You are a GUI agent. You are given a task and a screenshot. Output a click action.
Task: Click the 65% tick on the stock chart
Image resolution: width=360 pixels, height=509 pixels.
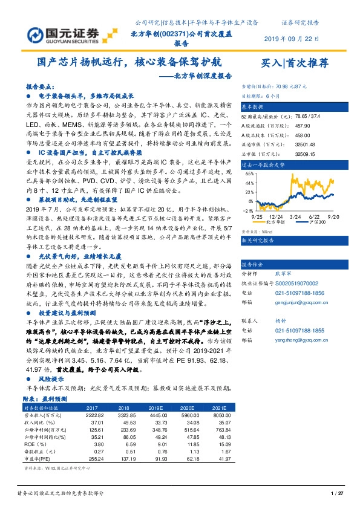coord(249,173)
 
